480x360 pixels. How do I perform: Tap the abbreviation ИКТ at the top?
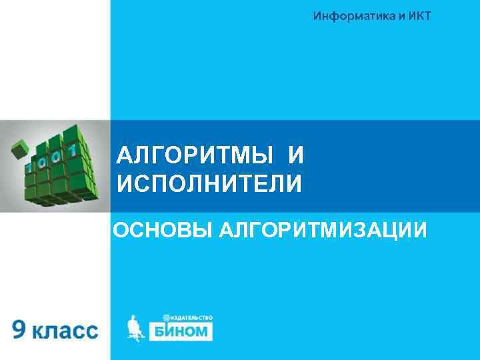[x=419, y=15]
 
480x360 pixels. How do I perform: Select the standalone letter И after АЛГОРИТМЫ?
[x=296, y=157]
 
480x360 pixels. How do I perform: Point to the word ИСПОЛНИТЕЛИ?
[x=209, y=183]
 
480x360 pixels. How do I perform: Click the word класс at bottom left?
[x=65, y=331]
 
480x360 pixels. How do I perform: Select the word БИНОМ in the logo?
[x=179, y=331]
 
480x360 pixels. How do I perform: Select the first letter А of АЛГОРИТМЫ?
[x=125, y=157]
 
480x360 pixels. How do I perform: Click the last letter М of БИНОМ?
[x=203, y=331]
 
